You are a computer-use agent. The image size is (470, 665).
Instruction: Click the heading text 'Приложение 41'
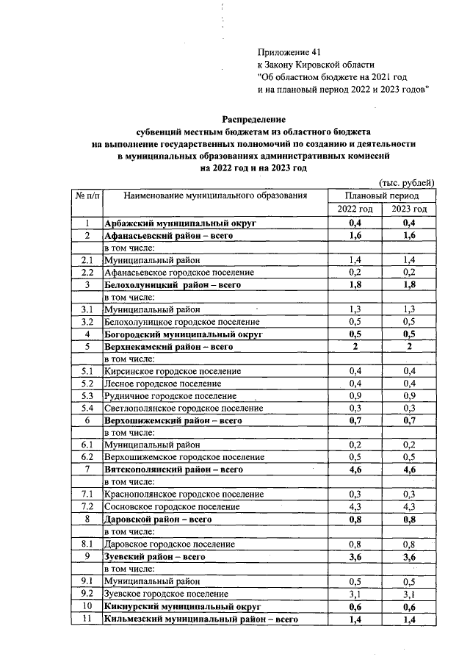[x=290, y=52]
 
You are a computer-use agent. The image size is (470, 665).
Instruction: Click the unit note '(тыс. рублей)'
[x=407, y=182]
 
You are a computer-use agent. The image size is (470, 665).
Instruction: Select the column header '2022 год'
[x=355, y=209]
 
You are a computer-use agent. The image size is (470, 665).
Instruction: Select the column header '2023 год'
[x=410, y=209]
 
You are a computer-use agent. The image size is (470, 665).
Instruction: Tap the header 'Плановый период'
[x=382, y=196]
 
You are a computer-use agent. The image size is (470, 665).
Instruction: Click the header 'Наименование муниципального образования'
[x=214, y=196]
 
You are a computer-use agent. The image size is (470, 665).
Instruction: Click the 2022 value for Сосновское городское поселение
[x=355, y=507]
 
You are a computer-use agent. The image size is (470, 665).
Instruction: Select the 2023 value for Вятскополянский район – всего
[x=410, y=469]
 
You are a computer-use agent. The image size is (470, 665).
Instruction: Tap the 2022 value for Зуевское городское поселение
[x=355, y=594]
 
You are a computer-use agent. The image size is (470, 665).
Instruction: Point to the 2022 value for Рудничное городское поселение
[x=355, y=396]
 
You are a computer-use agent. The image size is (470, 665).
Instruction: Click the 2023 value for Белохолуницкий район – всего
[x=410, y=284]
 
